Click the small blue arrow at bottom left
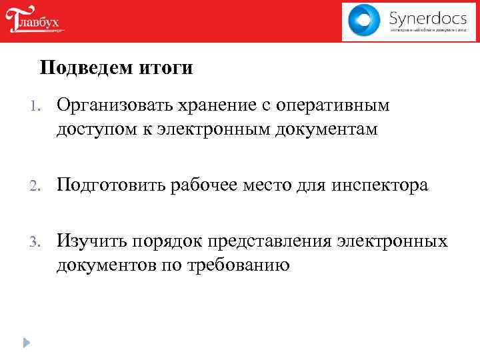(x=25, y=343)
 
